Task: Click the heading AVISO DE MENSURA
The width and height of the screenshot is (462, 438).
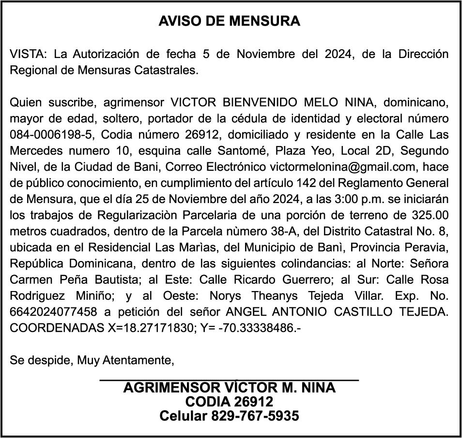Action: coord(230,21)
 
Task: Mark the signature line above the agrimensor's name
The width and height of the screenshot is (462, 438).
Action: coord(229,381)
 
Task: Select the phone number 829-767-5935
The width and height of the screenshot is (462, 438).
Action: coord(255,416)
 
